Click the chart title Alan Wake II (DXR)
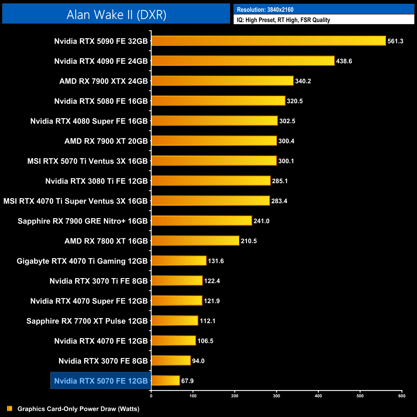tap(116, 15)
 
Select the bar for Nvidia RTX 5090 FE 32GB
tap(268, 41)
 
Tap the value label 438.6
tap(344, 61)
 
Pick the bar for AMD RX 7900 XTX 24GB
tap(222, 81)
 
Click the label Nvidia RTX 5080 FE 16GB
tap(101, 101)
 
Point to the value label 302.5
tap(287, 121)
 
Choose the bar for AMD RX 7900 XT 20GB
tap(214, 141)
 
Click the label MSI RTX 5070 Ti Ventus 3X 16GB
tap(87, 161)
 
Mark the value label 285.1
tap(280, 181)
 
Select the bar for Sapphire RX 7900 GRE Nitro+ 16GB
tap(201, 221)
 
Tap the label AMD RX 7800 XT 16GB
tap(106, 241)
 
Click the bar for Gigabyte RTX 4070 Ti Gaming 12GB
tap(179, 261)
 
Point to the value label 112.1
tap(208, 321)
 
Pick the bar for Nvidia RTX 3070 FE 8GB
tap(171, 361)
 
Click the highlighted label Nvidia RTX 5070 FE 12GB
tap(101, 381)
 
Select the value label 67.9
tap(187, 381)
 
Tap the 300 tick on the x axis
tap(277, 396)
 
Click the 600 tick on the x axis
tap(402, 396)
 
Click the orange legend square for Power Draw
tap(10, 409)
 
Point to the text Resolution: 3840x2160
tap(265, 10)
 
